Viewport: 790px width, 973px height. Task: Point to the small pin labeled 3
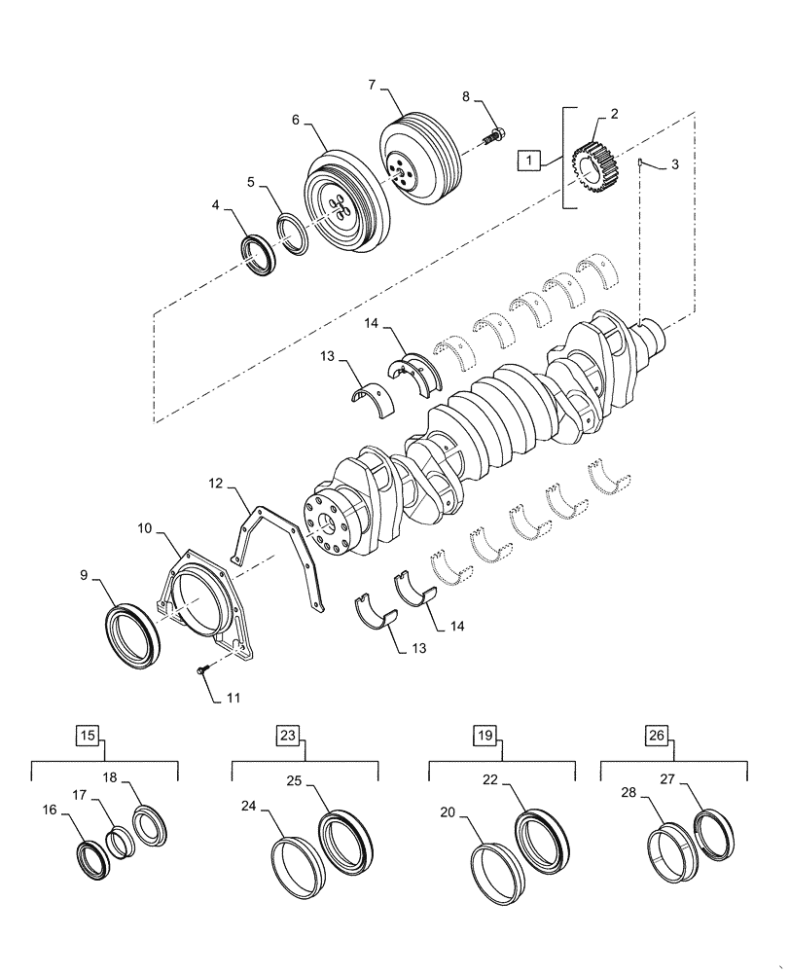point(642,162)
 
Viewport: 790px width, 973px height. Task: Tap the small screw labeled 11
point(202,670)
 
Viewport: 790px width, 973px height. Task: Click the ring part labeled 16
point(93,859)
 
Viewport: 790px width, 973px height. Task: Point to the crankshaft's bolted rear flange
point(326,524)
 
